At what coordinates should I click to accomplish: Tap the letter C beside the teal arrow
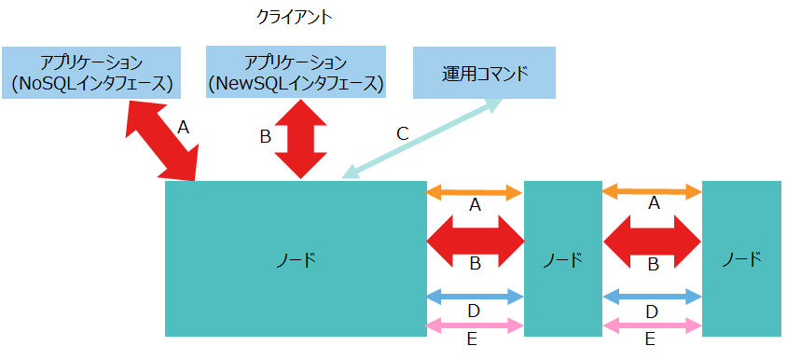[402, 133]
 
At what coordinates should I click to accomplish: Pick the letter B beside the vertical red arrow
[265, 137]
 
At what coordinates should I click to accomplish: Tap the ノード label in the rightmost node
[741, 258]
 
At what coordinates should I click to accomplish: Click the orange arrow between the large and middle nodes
[475, 193]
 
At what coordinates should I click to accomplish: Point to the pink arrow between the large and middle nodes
[475, 325]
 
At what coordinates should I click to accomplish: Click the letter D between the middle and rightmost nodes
[652, 311]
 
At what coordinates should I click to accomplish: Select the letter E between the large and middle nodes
[473, 339]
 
